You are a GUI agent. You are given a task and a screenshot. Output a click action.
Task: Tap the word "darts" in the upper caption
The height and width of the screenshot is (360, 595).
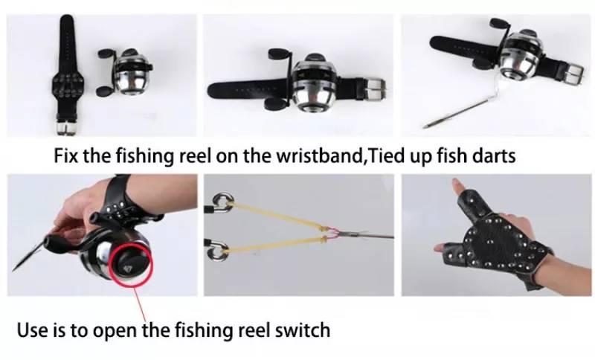(x=495, y=155)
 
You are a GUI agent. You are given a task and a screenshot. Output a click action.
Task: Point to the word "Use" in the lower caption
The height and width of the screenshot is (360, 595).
(x=32, y=330)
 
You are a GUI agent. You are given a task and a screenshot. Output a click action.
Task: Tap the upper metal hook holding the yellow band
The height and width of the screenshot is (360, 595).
(x=222, y=202)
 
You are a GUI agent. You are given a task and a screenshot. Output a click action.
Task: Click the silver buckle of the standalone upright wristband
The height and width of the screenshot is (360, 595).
(x=67, y=128)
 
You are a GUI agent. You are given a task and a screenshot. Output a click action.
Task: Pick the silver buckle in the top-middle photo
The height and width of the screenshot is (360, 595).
(x=374, y=89)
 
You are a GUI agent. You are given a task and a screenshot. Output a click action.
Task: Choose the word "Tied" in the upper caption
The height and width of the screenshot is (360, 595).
(x=386, y=155)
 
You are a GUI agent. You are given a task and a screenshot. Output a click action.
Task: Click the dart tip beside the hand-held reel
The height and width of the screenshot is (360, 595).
(x=27, y=259)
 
